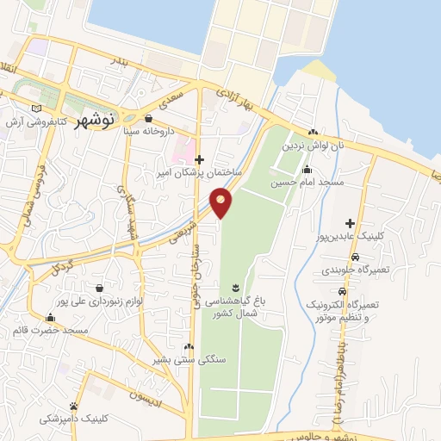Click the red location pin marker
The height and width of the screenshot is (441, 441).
tap(221, 201)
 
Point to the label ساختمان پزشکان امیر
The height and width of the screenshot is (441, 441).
tap(199, 173)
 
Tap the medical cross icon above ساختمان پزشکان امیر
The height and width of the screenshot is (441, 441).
tap(199, 158)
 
